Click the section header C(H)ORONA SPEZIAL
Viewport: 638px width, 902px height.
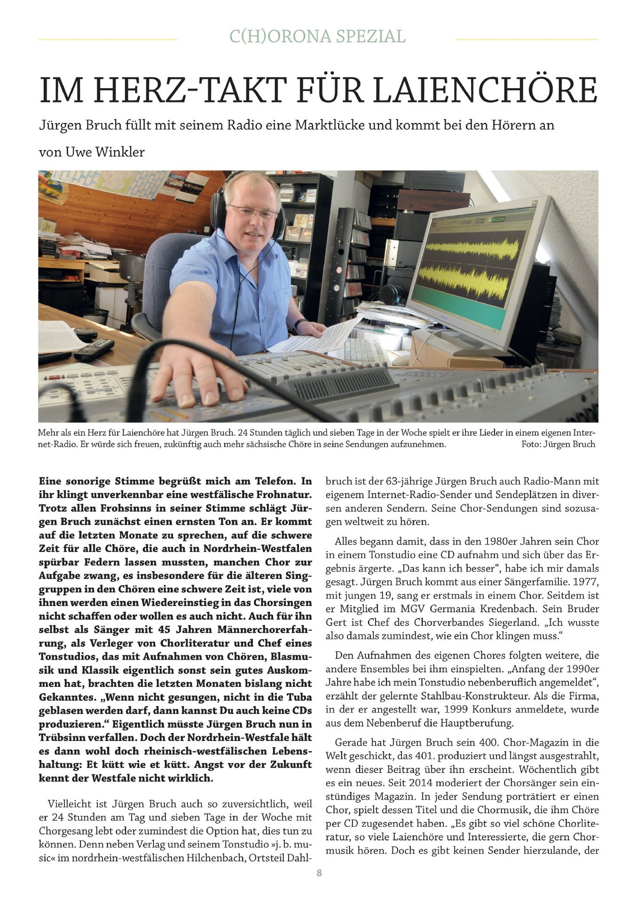(317, 37)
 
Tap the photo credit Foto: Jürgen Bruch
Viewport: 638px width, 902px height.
(558, 444)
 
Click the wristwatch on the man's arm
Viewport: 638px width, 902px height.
(299, 325)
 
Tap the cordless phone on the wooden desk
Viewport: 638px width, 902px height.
(94, 349)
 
